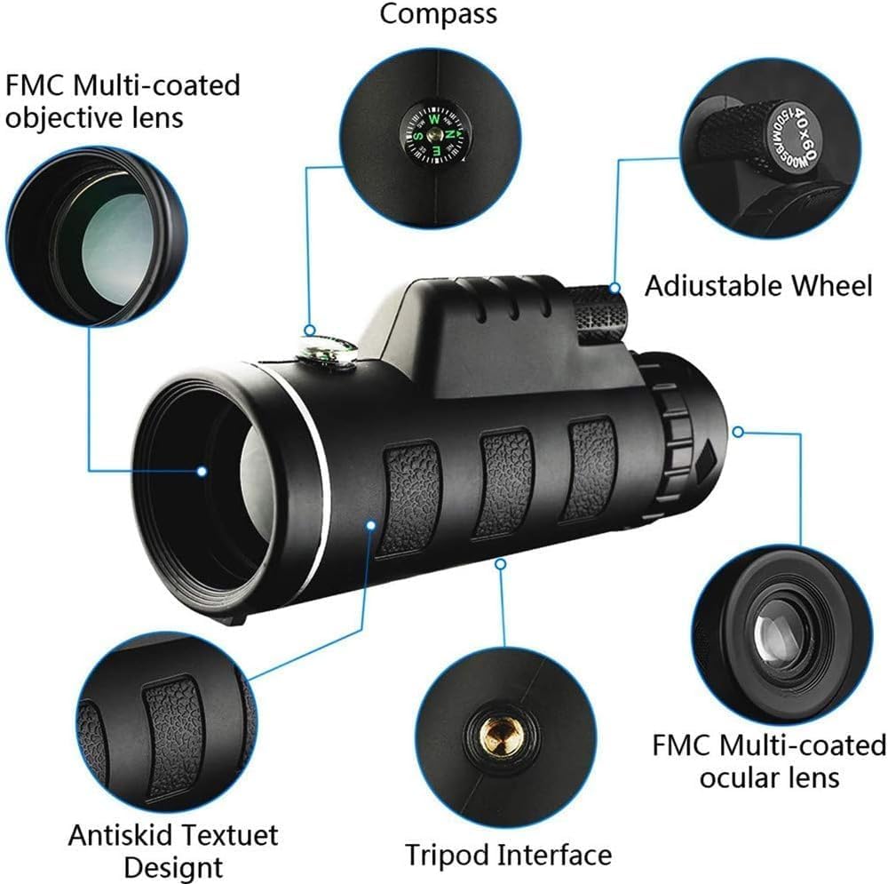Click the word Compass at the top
pos(439,15)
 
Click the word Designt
pos(173,866)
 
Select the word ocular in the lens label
pos(743,777)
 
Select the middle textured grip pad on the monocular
pos(503,484)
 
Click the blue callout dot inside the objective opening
pos(202,471)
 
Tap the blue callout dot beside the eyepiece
pos(737,431)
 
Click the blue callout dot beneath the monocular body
pos(502,561)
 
